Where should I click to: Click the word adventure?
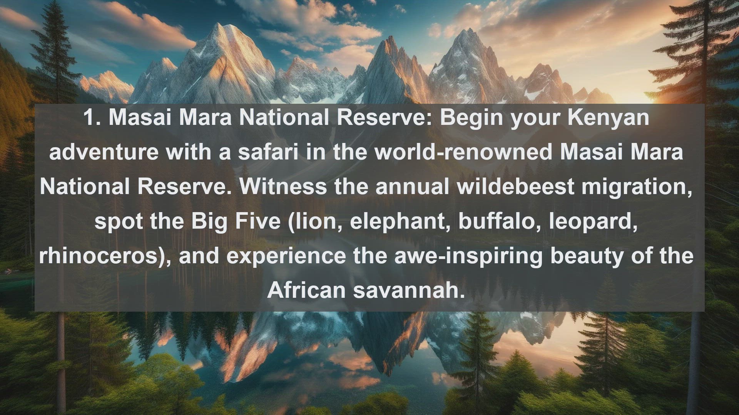[x=104, y=152]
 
